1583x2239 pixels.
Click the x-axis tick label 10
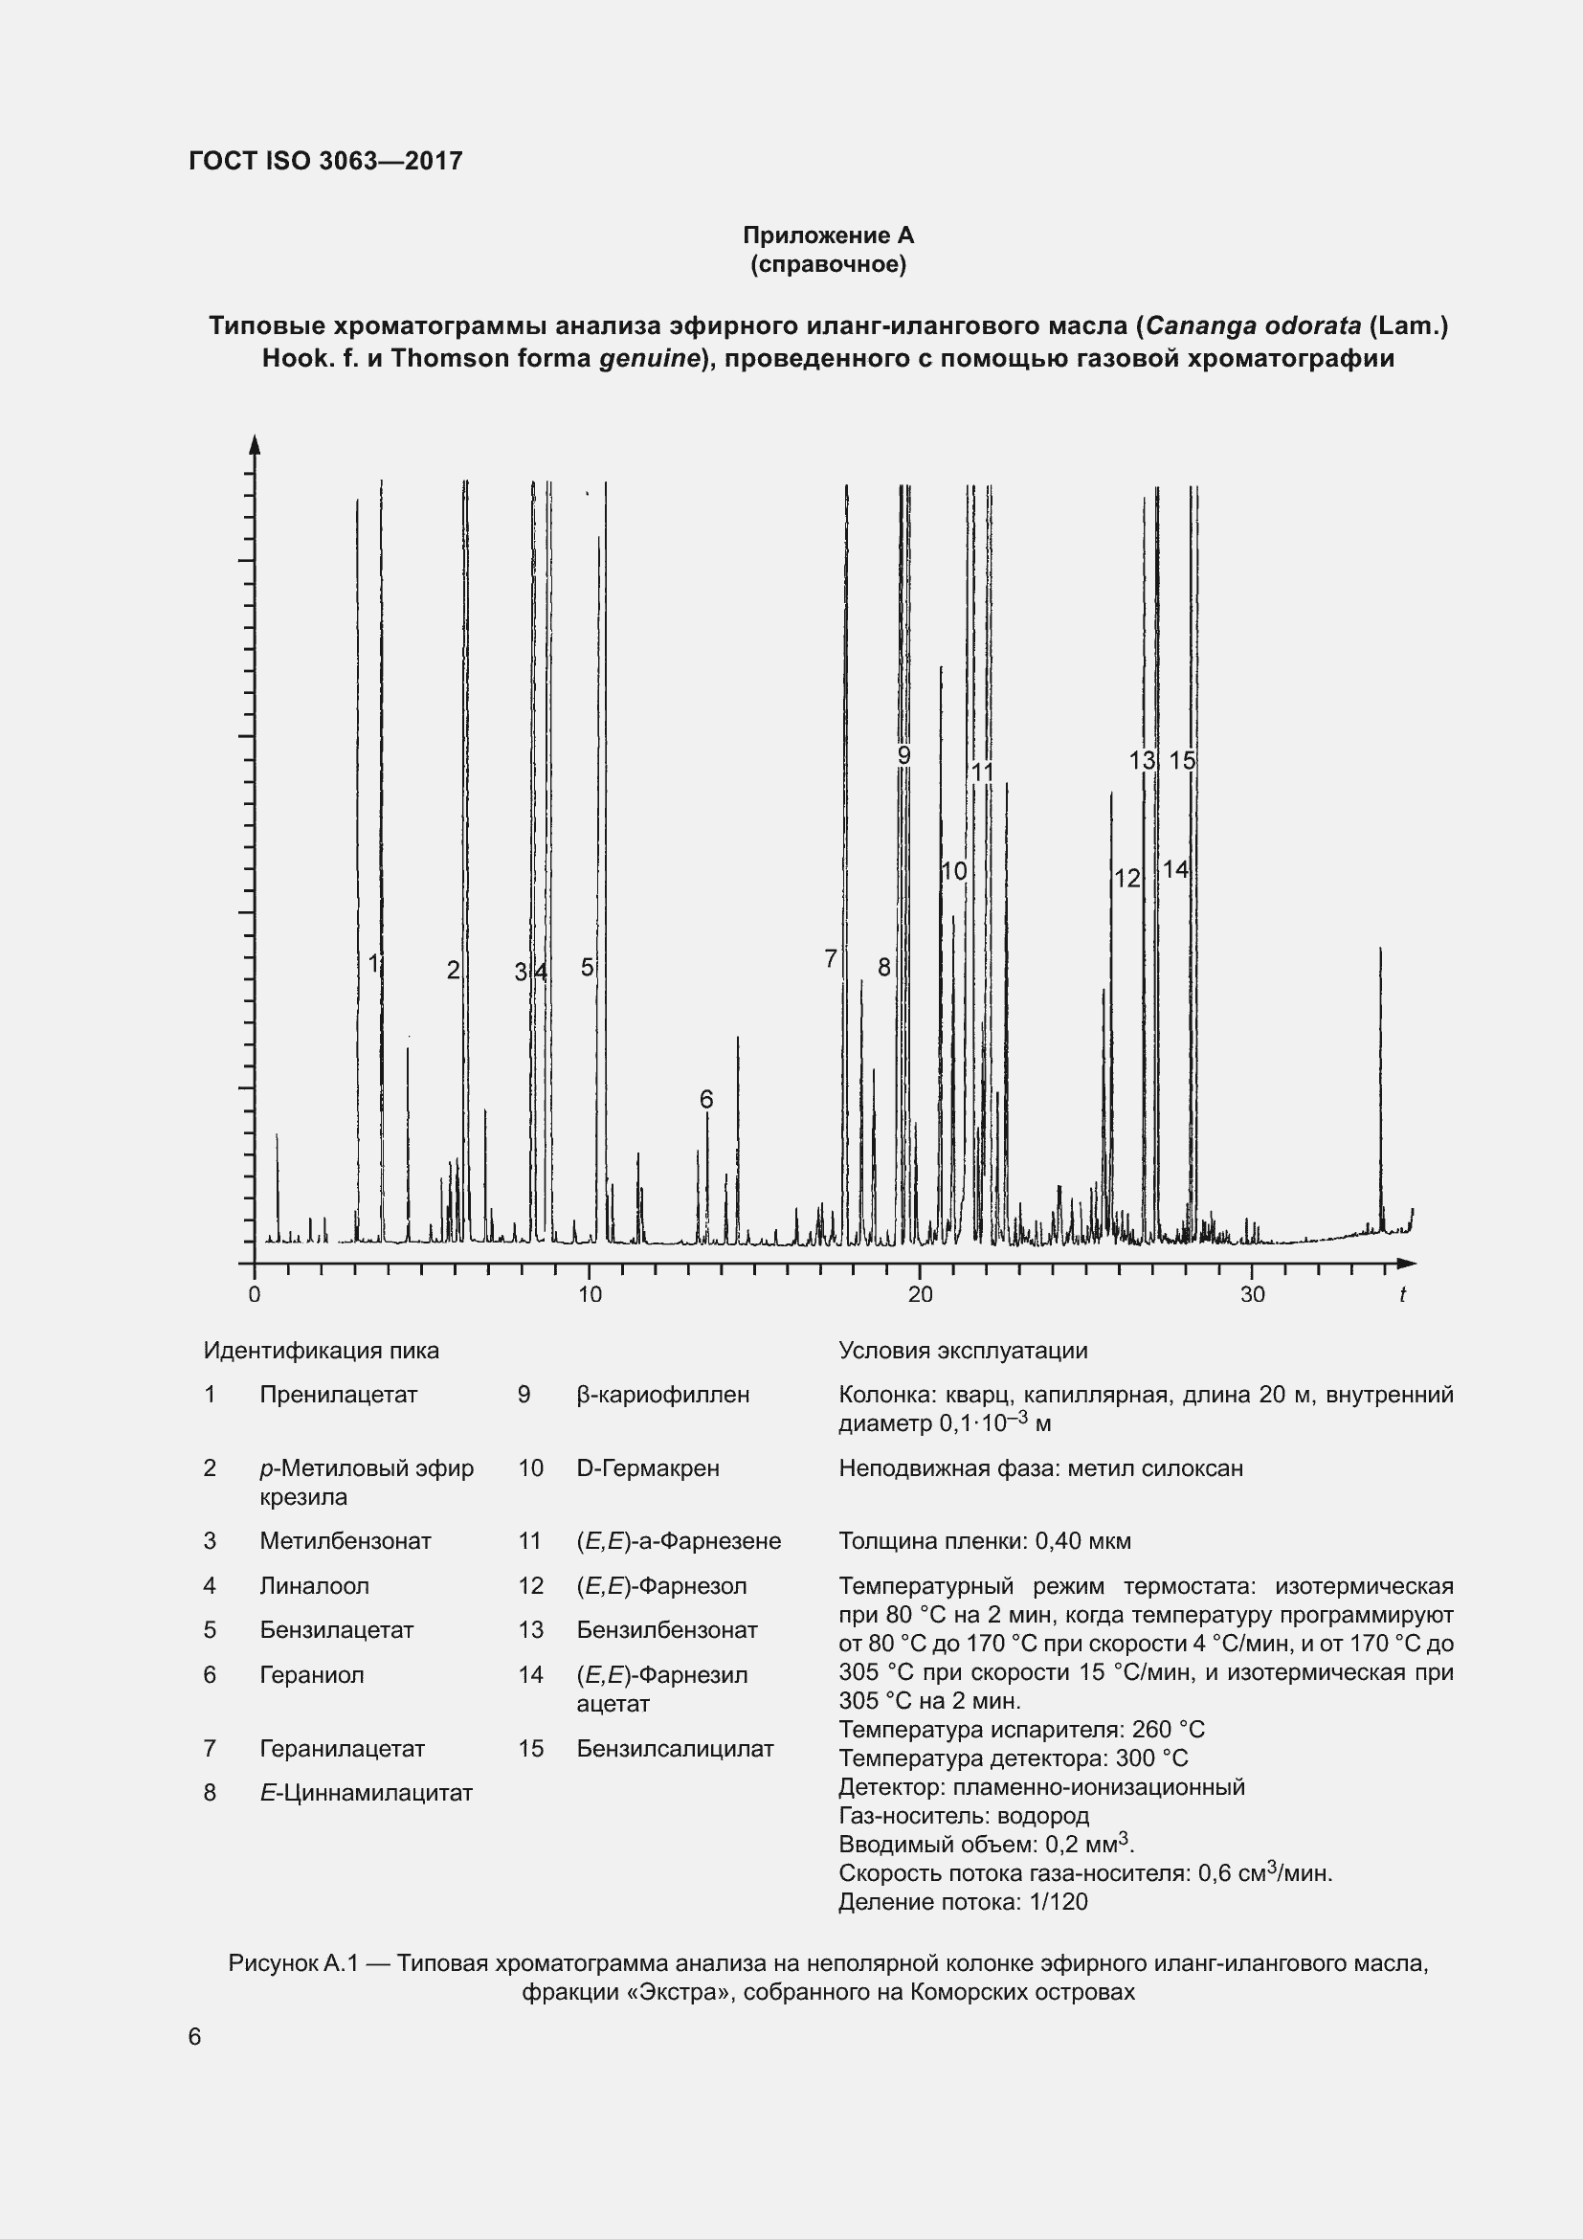[x=590, y=1295]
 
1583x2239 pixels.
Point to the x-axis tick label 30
[x=1252, y=1295]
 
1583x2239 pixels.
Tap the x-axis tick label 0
[x=255, y=1295]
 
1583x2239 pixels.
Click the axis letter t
[x=1403, y=1295]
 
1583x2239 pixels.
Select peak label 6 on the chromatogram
[x=706, y=1099]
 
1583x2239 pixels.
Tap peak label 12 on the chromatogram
[x=1126, y=879]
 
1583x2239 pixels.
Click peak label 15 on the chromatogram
[x=1181, y=761]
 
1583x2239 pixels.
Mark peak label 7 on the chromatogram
[x=831, y=958]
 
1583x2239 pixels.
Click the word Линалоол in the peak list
[x=314, y=1585]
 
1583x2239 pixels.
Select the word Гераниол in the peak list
[x=311, y=1674]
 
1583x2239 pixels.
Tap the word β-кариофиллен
[x=663, y=1395]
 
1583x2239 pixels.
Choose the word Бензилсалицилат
[x=675, y=1749]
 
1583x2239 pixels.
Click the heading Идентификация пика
[x=321, y=1351]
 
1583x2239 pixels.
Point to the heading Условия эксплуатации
[x=963, y=1351]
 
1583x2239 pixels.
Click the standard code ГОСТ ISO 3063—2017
[x=325, y=161]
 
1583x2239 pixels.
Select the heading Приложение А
[x=828, y=235]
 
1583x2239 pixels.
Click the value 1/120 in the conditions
[x=1058, y=1902]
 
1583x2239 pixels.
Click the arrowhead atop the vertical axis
[x=255, y=444]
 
